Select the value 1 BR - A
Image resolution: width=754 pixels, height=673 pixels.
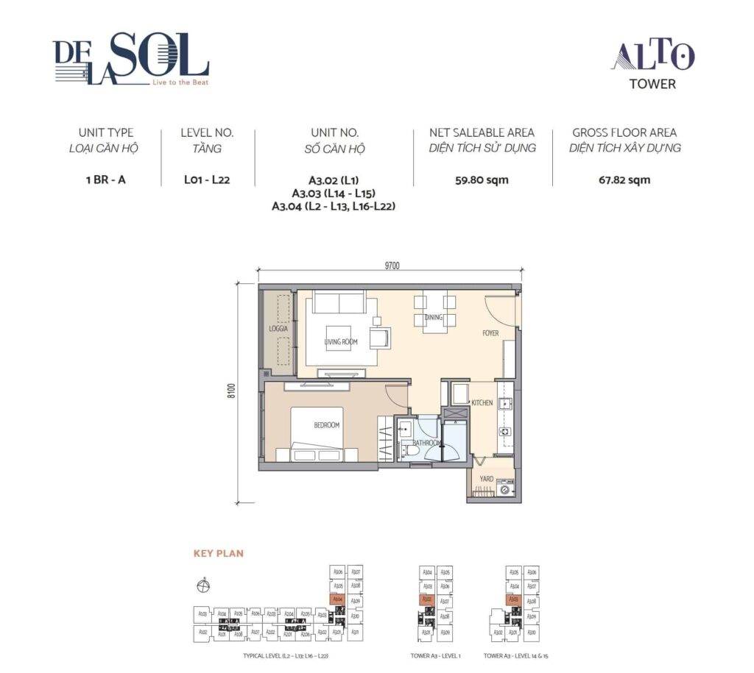pyautogui.click(x=105, y=179)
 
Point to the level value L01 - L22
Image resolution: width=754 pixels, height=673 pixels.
pyautogui.click(x=207, y=179)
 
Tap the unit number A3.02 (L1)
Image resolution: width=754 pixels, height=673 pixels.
pyautogui.click(x=334, y=179)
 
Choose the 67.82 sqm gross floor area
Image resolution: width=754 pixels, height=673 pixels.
pyautogui.click(x=624, y=179)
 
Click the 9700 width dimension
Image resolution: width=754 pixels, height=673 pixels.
pyautogui.click(x=391, y=266)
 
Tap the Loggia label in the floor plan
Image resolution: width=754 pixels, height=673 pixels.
pyautogui.click(x=278, y=329)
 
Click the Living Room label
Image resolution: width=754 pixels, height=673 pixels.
pyautogui.click(x=340, y=342)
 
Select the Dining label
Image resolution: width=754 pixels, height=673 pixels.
pyautogui.click(x=434, y=318)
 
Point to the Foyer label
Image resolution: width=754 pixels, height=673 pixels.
pyautogui.click(x=490, y=333)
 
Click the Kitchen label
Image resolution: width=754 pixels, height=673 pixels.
pyautogui.click(x=482, y=403)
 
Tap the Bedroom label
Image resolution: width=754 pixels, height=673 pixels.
pyautogui.click(x=326, y=425)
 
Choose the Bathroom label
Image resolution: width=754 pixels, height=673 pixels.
pyautogui.click(x=426, y=443)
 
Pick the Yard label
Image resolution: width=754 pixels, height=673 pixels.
pyautogui.click(x=486, y=478)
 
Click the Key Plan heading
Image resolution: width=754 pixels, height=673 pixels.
pyautogui.click(x=218, y=553)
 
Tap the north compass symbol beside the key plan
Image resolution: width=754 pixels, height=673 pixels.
pyautogui.click(x=203, y=586)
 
